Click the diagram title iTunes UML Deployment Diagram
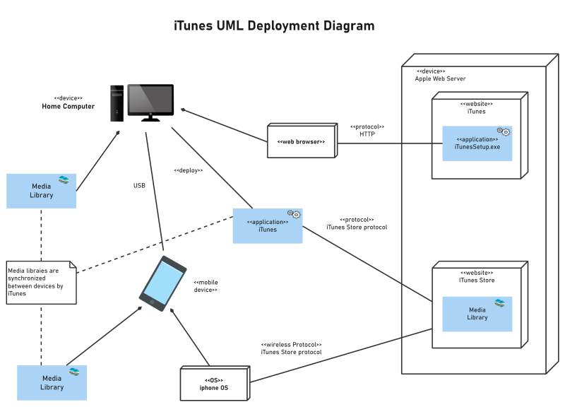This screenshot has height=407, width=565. pos(274,26)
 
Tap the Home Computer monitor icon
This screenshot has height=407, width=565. pos(149,102)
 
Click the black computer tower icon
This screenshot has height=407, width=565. pos(117,103)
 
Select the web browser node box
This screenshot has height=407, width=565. pos(300,141)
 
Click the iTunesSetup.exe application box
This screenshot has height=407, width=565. pos(477,143)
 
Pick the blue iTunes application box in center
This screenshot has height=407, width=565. pos(267,225)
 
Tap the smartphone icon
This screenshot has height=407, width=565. pos(162,283)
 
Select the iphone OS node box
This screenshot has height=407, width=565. pos(213,384)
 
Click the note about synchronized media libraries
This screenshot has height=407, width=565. pos(41,281)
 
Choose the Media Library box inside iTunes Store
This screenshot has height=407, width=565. pos(477,314)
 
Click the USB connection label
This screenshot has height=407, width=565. pos(139,186)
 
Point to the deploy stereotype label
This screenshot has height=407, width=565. pos(188,170)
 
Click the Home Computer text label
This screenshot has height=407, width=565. pos(68,107)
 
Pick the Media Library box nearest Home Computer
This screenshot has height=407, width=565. pos(41,191)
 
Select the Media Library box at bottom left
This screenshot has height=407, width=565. pos(52,382)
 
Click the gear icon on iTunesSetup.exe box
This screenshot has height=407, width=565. pos(504,131)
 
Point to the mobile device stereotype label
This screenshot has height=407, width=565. pos(205,285)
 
